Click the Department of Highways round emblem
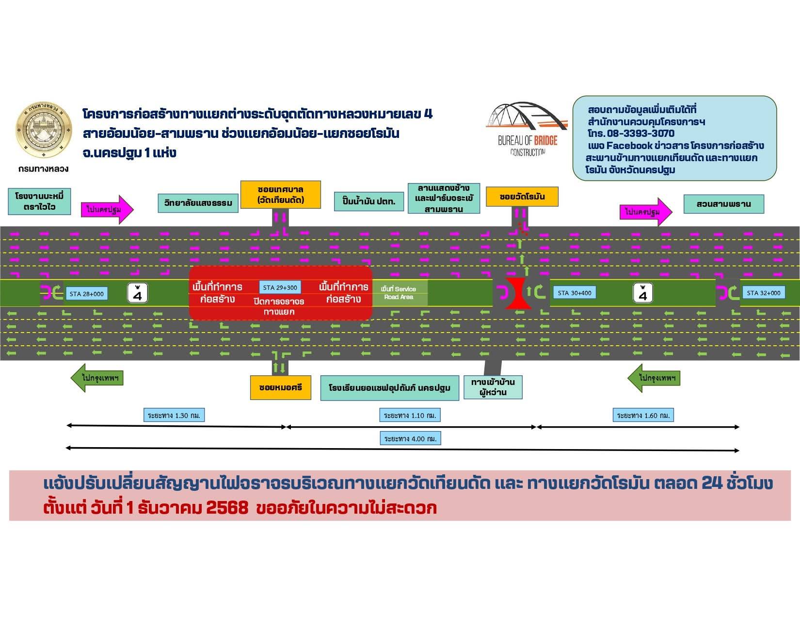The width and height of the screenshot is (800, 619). [44, 130]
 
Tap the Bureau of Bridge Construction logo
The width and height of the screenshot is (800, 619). [528, 129]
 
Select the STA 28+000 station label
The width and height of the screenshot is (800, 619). [86, 294]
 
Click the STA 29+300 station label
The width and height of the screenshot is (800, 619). [280, 287]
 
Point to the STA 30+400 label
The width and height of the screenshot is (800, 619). [575, 293]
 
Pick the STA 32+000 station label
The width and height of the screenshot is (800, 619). [763, 293]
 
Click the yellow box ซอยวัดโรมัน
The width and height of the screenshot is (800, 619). [522, 197]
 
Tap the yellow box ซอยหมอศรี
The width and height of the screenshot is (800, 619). [281, 387]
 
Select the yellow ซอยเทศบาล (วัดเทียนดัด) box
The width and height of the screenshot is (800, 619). [281, 195]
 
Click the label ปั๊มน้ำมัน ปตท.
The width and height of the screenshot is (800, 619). [369, 201]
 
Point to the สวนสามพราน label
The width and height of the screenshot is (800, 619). [723, 204]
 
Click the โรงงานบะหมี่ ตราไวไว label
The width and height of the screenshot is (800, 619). [39, 201]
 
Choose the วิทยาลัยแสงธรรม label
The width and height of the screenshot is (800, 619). [198, 203]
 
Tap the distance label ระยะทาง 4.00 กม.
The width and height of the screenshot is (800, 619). [410, 439]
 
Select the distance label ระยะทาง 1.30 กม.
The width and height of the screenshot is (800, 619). [174, 416]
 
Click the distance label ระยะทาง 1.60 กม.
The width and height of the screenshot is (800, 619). [643, 416]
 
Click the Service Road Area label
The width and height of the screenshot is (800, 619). [399, 293]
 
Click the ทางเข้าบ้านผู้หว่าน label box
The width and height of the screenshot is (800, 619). [493, 387]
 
